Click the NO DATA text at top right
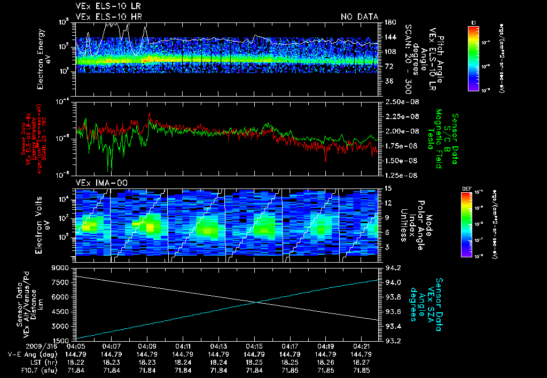tap(359, 17)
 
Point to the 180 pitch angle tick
tap(386, 22)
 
